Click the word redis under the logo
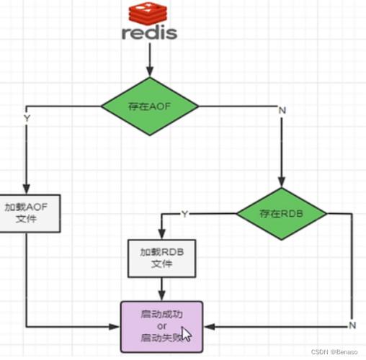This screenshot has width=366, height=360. [x=149, y=33]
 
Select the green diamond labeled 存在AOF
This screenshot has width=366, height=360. [x=148, y=107]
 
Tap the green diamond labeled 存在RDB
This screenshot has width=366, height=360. [x=281, y=213]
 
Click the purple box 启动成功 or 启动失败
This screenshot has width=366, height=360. [x=161, y=325]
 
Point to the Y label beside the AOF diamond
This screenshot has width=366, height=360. [x=27, y=117]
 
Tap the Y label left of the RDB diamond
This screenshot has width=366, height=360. [x=185, y=214]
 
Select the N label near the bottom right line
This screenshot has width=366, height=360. [x=352, y=325]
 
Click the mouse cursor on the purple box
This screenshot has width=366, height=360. [x=186, y=334]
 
